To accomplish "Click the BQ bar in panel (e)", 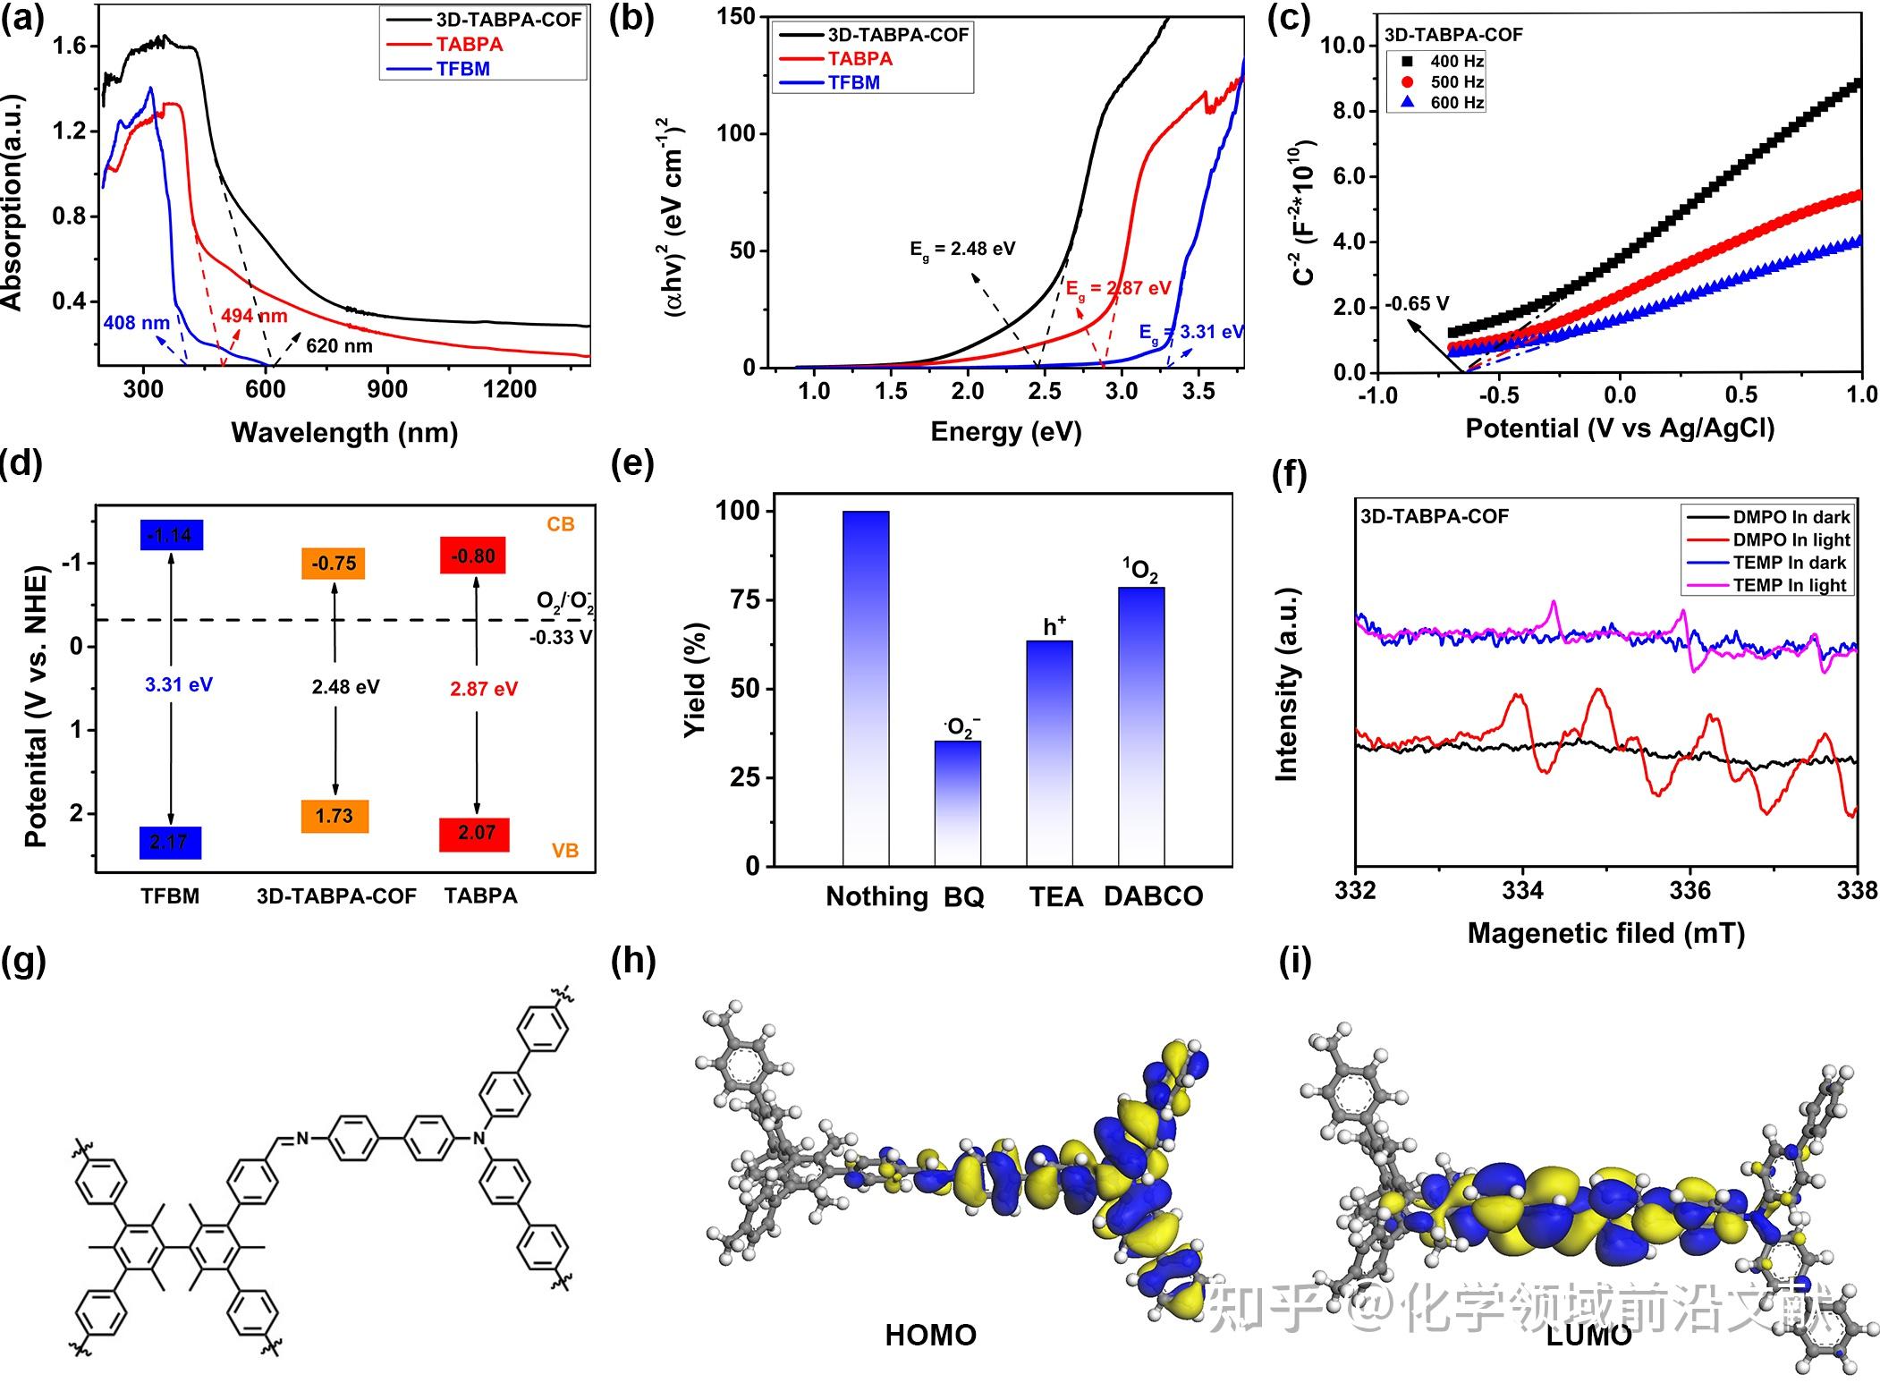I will pyautogui.click(x=957, y=802).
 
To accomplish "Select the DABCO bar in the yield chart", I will pyautogui.click(x=1141, y=725).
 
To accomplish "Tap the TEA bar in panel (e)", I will pyautogui.click(x=1049, y=752).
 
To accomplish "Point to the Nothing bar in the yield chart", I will pyautogui.click(x=866, y=688).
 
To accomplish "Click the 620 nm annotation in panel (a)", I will pyautogui.click(x=339, y=346).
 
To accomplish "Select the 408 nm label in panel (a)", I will pyautogui.click(x=136, y=323).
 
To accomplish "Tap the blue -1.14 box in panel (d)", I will pyautogui.click(x=171, y=535).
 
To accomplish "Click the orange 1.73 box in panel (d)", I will pyautogui.click(x=335, y=816).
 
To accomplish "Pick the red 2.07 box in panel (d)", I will pyautogui.click(x=475, y=834).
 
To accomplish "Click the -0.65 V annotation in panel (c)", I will pyautogui.click(x=1417, y=304).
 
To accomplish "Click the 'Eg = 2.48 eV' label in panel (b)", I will pyautogui.click(x=962, y=250).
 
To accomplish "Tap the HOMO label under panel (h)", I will pyautogui.click(x=930, y=1335).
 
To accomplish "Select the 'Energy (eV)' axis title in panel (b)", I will pyautogui.click(x=1005, y=431).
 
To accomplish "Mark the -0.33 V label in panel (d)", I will pyautogui.click(x=561, y=638).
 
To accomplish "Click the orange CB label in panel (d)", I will pyautogui.click(x=561, y=524).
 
